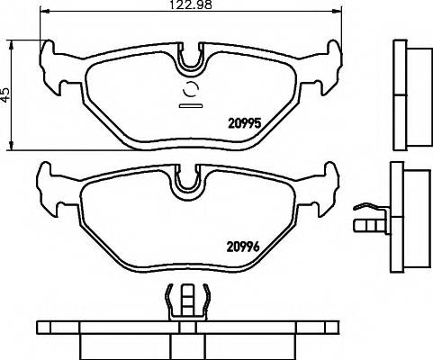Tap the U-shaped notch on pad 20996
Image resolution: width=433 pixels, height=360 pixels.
coord(188,179)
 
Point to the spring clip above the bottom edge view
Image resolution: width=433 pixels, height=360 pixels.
coord(188,301)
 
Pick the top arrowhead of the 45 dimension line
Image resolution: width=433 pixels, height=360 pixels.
coord(12,40)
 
